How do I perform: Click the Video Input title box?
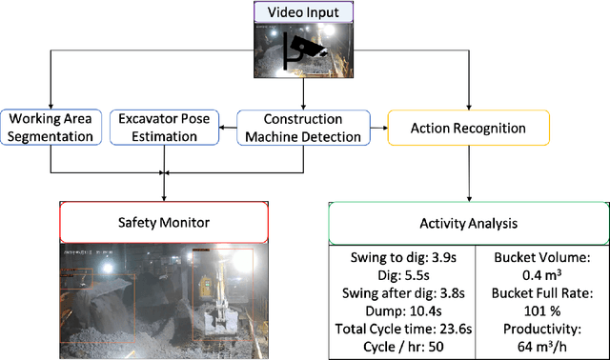[x=304, y=11]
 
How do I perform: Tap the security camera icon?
[x=308, y=50]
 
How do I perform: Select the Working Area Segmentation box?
[x=50, y=128]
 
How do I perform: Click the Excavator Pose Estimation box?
[x=164, y=128]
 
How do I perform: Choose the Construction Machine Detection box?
[x=303, y=128]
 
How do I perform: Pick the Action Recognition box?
[x=467, y=127]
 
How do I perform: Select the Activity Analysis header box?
[x=468, y=225]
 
